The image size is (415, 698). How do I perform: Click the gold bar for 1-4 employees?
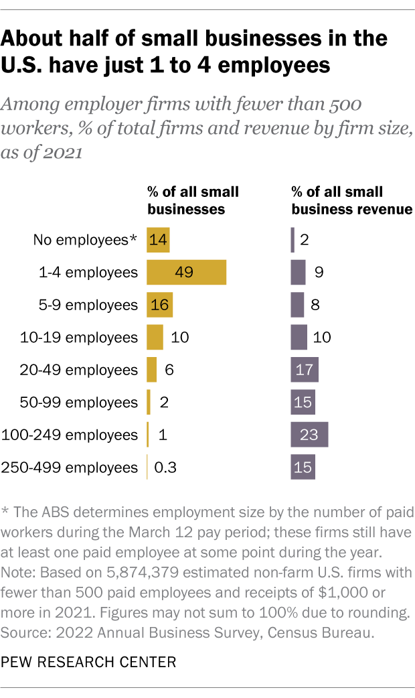point(186,272)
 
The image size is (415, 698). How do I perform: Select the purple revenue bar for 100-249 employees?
point(309,434)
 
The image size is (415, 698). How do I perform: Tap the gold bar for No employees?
point(158,239)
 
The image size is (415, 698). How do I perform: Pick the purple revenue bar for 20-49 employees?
point(305,370)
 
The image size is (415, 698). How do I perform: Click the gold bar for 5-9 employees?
point(159,305)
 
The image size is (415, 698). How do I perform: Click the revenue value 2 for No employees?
point(305,239)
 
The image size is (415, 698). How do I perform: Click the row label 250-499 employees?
point(70,467)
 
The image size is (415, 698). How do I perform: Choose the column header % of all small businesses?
point(193,200)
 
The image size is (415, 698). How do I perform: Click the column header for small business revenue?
point(351,200)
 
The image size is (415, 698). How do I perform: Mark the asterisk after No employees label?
point(134,238)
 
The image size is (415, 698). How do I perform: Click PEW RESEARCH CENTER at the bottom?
point(88,662)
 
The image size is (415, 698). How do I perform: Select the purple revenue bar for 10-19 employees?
point(299,337)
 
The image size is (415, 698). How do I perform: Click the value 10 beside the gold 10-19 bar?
point(179,337)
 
